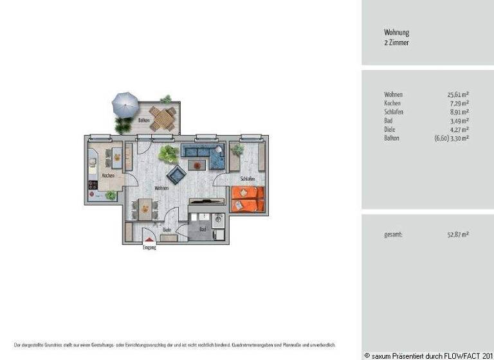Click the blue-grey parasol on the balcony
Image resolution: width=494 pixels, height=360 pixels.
tap(125, 102)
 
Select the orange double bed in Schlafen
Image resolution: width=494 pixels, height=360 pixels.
tap(248, 199)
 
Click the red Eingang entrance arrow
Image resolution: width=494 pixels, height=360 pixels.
tap(149, 240)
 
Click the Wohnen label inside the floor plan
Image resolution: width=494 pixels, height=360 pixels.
tap(161, 188)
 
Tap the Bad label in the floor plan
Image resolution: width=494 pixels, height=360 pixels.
tap(203, 229)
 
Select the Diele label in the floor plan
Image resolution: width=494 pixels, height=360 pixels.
tap(167, 230)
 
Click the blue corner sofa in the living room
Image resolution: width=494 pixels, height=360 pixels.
tap(202, 153)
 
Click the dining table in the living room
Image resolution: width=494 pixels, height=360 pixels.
tap(145, 208)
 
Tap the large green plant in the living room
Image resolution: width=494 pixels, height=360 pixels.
tap(169, 154)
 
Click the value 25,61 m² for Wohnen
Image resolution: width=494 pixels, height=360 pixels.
tap(458, 94)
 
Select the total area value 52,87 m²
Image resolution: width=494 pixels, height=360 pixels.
tap(458, 235)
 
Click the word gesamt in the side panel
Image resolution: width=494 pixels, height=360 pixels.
tap(393, 235)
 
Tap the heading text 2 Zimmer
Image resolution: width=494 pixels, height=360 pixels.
tap(396, 42)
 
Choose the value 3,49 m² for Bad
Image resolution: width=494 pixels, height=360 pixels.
tap(459, 120)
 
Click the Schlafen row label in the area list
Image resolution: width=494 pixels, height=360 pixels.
tap(394, 111)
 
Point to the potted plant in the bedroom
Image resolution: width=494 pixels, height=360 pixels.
tap(237, 150)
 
